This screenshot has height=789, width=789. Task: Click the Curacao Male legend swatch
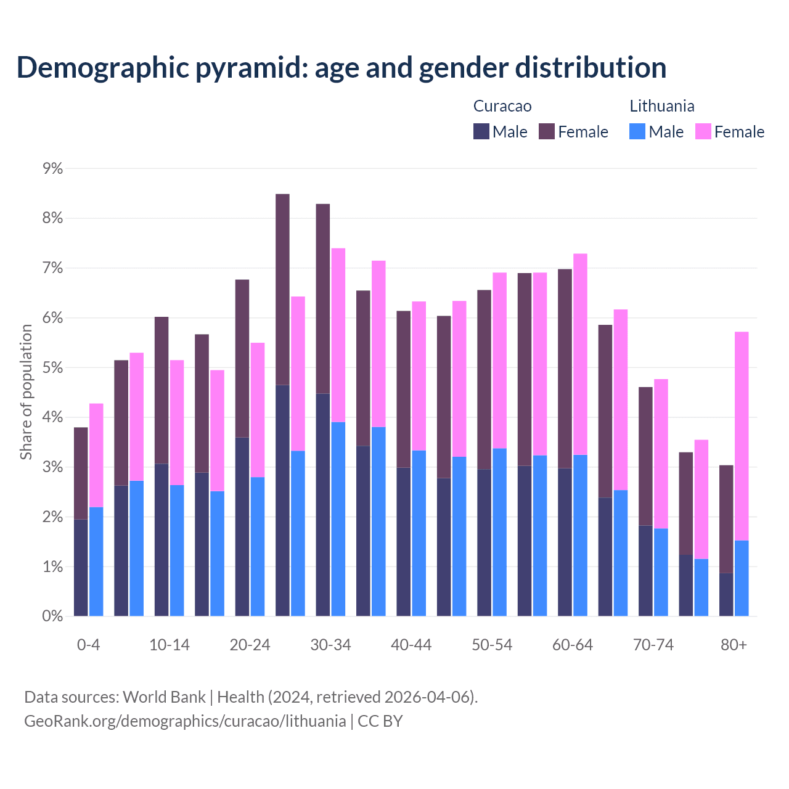(x=481, y=131)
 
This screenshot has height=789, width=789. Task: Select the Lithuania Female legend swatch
(x=703, y=131)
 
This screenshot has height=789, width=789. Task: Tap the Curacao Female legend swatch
(x=547, y=131)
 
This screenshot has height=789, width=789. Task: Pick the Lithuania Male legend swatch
(x=637, y=131)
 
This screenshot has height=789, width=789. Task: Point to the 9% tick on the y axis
(x=53, y=168)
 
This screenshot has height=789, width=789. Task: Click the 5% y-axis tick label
(x=53, y=368)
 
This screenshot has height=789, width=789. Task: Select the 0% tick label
(x=53, y=616)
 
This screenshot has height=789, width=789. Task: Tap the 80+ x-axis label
(x=734, y=645)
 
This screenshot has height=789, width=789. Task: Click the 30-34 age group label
(x=330, y=645)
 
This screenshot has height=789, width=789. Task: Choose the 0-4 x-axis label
(x=88, y=645)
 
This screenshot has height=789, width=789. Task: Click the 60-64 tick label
(x=573, y=645)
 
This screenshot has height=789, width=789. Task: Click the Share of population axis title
(x=27, y=392)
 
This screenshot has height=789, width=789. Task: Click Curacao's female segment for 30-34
(x=323, y=298)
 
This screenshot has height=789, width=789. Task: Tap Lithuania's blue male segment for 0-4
(x=96, y=562)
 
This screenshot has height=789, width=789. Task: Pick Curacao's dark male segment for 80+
(x=726, y=594)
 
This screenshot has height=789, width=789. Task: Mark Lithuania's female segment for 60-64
(x=581, y=354)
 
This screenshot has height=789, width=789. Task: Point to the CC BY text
(x=380, y=721)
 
